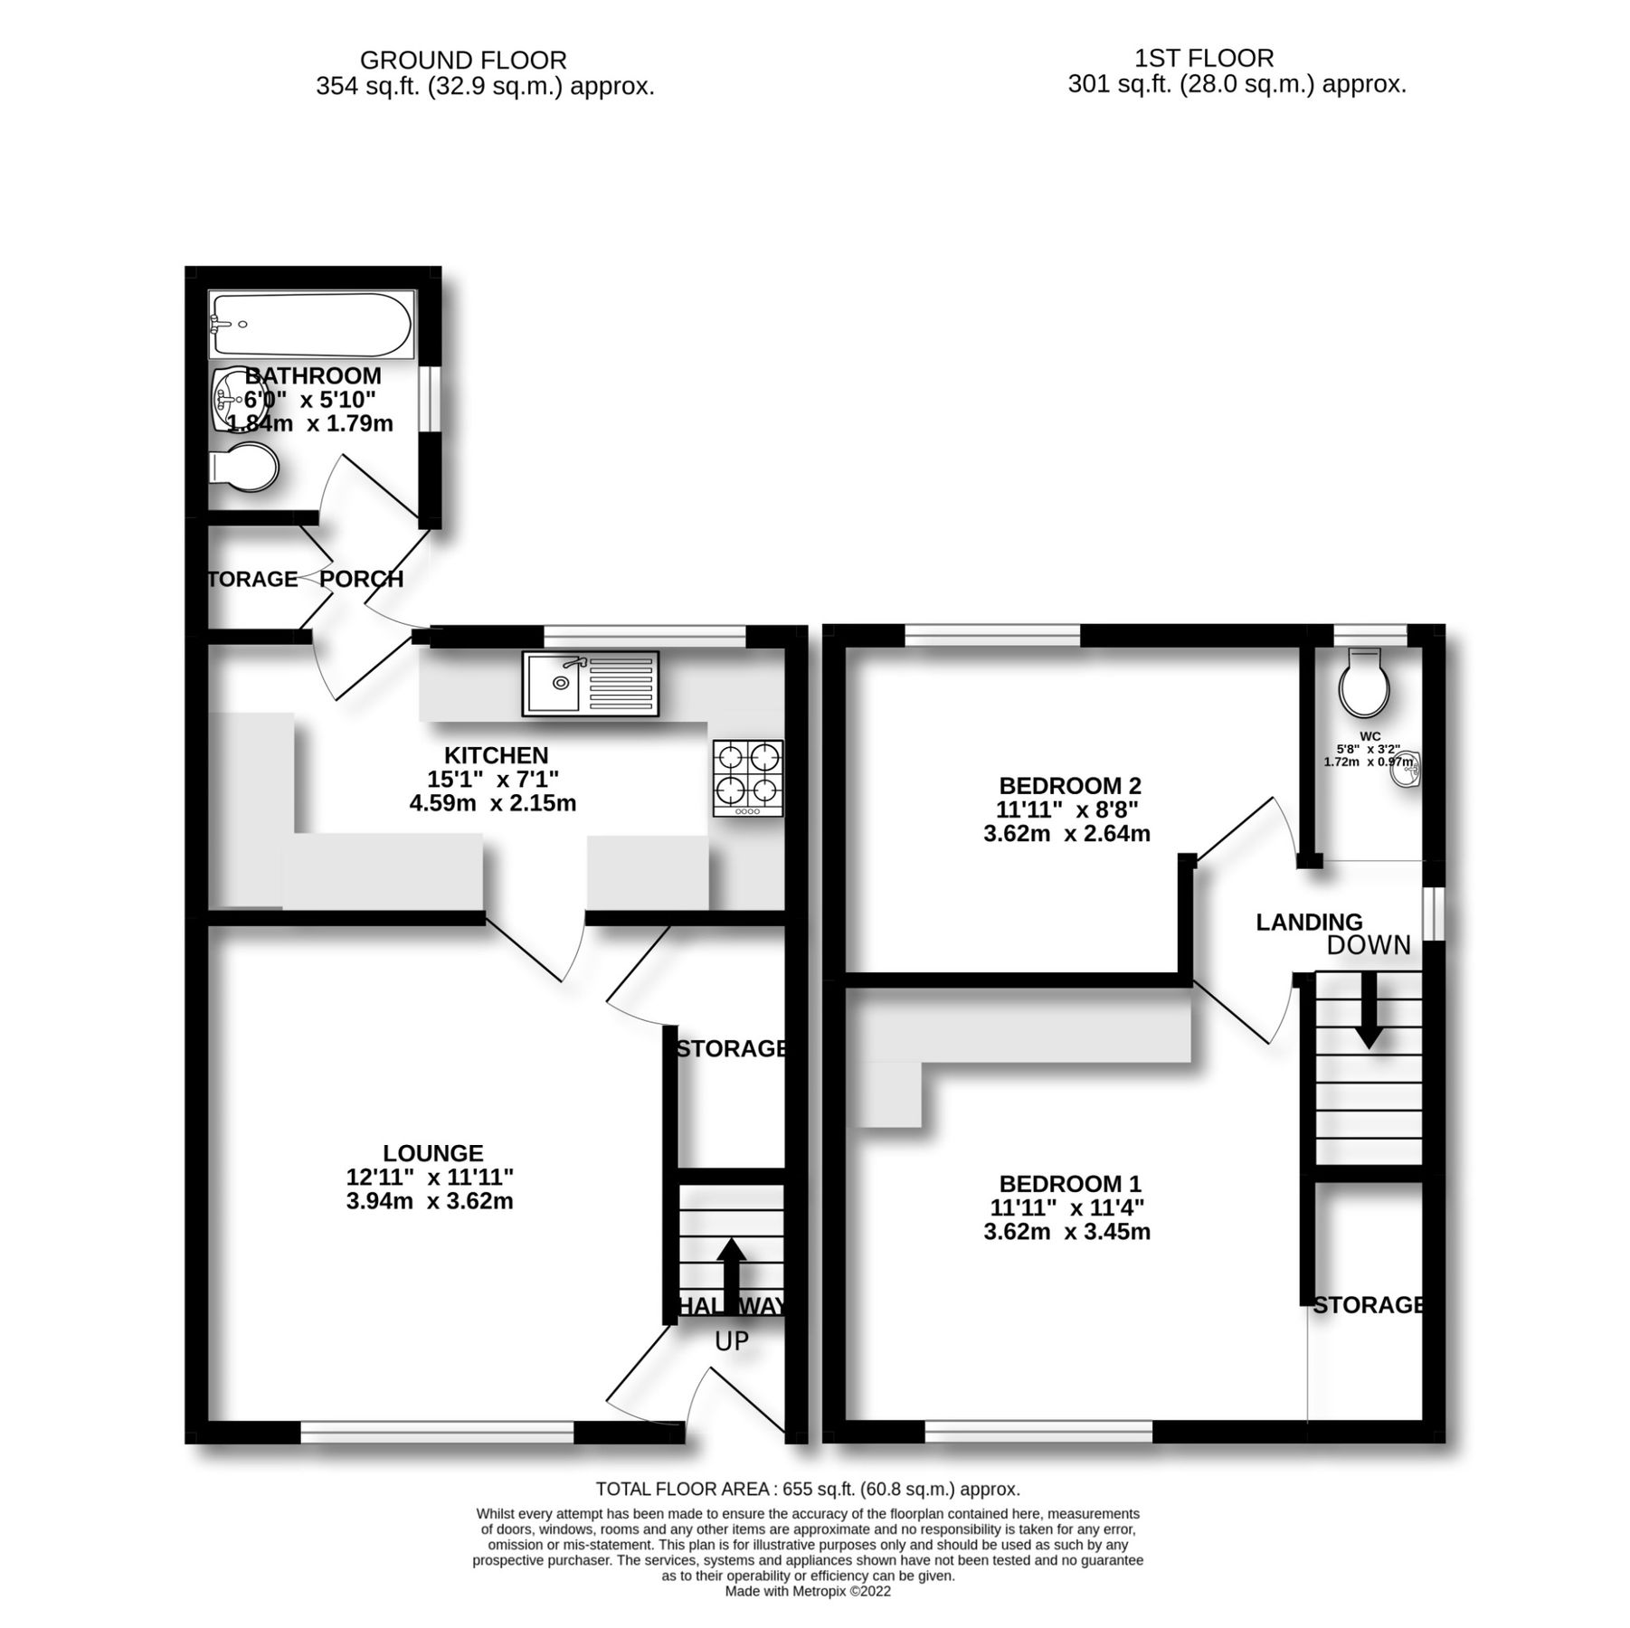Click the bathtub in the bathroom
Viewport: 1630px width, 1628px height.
311,324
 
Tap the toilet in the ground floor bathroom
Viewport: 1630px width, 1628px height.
244,467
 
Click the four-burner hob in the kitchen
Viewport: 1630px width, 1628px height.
748,777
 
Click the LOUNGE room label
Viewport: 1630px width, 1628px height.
432,1153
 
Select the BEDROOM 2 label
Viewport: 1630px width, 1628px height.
1070,785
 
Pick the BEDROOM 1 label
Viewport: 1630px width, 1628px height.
1070,1183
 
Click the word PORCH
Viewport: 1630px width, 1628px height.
362,579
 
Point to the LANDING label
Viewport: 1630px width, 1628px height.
1309,922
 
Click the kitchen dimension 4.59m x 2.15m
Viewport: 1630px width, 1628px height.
493,803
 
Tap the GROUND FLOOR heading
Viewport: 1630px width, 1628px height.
463,60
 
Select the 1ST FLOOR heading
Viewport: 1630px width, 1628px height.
1204,58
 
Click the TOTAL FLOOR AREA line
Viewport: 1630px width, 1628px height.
808,1489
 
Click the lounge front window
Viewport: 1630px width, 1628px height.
437,1432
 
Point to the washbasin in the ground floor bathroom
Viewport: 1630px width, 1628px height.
230,400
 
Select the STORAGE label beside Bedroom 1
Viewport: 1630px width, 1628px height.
1369,1304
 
